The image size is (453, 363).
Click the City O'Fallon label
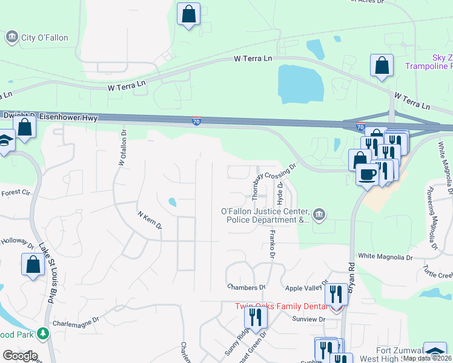tap(44, 38)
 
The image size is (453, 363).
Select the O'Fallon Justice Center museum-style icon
tap(320, 214)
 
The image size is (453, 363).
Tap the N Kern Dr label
tap(150, 220)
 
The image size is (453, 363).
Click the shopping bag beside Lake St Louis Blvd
tap(33, 264)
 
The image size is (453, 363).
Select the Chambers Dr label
tap(246, 287)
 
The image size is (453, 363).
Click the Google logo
tap(20, 356)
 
